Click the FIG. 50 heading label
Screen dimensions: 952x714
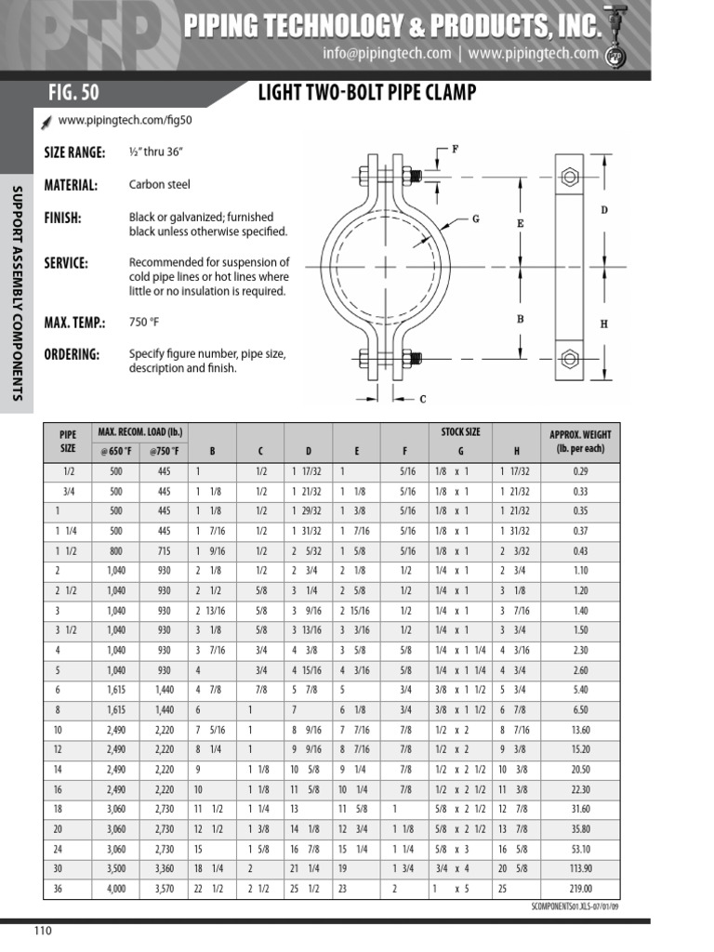(73, 93)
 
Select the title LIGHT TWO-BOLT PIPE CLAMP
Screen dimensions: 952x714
(366, 93)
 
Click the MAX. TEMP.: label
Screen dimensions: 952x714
(74, 323)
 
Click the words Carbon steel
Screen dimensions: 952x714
(159, 185)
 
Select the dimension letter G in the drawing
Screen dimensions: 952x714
(475, 219)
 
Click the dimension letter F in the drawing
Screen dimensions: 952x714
(455, 149)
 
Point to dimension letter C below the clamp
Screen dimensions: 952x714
(423, 400)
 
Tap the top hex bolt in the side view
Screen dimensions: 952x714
(569, 178)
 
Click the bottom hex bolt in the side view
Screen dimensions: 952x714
(569, 358)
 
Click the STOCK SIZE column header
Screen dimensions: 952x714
(460, 432)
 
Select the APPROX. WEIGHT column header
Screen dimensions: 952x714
(580, 441)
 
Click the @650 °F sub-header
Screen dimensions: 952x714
(116, 451)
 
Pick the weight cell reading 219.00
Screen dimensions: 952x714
(580, 889)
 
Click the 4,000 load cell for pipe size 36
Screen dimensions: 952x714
(116, 889)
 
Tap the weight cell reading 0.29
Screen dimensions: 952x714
(580, 471)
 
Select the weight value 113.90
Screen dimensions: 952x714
(580, 869)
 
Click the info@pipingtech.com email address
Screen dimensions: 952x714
(387, 54)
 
